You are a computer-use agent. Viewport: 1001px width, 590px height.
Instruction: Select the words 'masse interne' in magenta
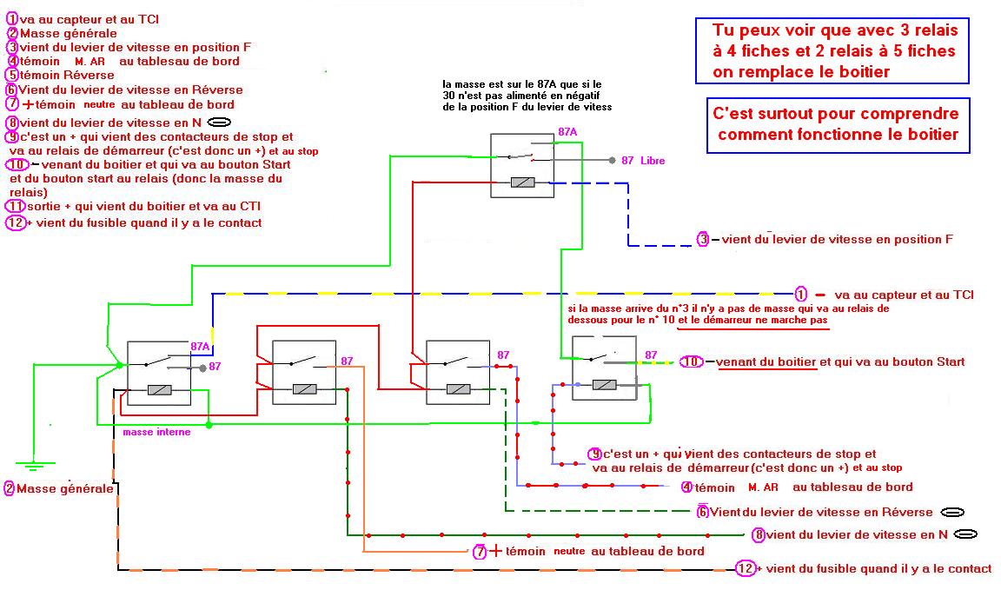(156, 432)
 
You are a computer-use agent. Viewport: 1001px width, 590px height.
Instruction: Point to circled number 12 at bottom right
(745, 568)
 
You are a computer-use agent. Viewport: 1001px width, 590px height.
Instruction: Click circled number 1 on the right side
(801, 295)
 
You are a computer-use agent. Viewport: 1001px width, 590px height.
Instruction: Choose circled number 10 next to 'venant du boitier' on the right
(691, 361)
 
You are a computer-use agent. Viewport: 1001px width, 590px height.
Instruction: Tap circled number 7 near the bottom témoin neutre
(480, 551)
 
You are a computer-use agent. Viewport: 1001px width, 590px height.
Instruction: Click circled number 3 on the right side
(703, 239)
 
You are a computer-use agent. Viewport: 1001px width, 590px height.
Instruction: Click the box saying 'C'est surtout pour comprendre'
(837, 124)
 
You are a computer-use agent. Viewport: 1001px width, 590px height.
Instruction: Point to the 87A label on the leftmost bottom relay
(201, 347)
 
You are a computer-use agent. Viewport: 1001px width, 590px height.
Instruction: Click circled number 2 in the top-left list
(12, 33)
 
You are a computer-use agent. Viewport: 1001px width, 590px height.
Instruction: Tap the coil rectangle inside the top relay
(525, 182)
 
